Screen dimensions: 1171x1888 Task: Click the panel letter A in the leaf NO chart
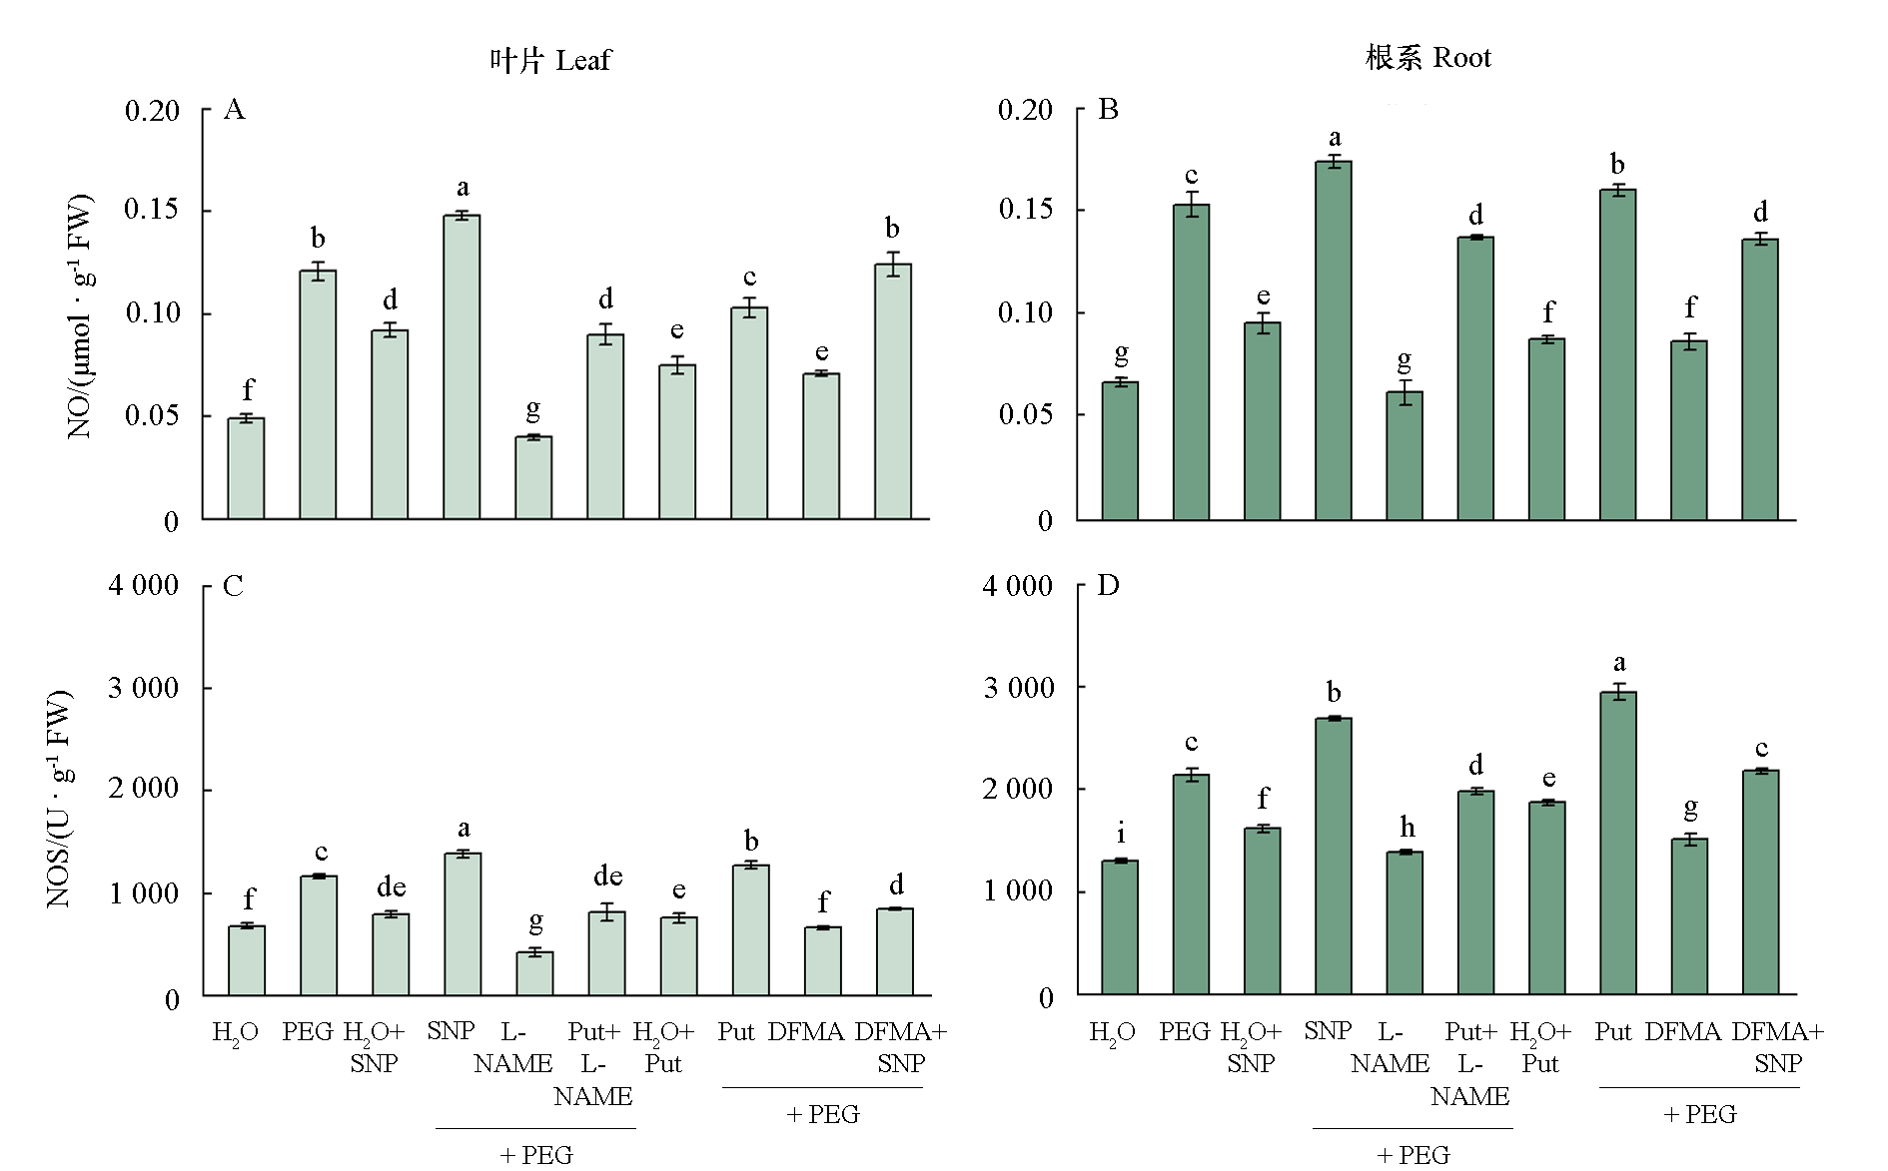point(234,109)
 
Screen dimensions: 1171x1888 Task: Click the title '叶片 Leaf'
point(549,61)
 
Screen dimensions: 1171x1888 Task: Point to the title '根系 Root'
point(1427,58)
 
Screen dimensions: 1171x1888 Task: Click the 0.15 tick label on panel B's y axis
point(1025,209)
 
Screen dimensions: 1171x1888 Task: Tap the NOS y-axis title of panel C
point(59,799)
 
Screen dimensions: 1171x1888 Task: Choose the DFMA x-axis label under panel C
point(806,1031)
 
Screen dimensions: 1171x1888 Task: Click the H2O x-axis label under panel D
point(1112,1032)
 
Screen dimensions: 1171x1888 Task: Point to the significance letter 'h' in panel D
point(1407,828)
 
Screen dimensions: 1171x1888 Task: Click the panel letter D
point(1108,585)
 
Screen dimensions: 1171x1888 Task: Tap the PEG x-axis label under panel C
point(308,1031)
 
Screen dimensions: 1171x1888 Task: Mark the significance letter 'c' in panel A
point(749,278)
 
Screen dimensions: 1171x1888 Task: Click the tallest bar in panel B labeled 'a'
point(1334,339)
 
